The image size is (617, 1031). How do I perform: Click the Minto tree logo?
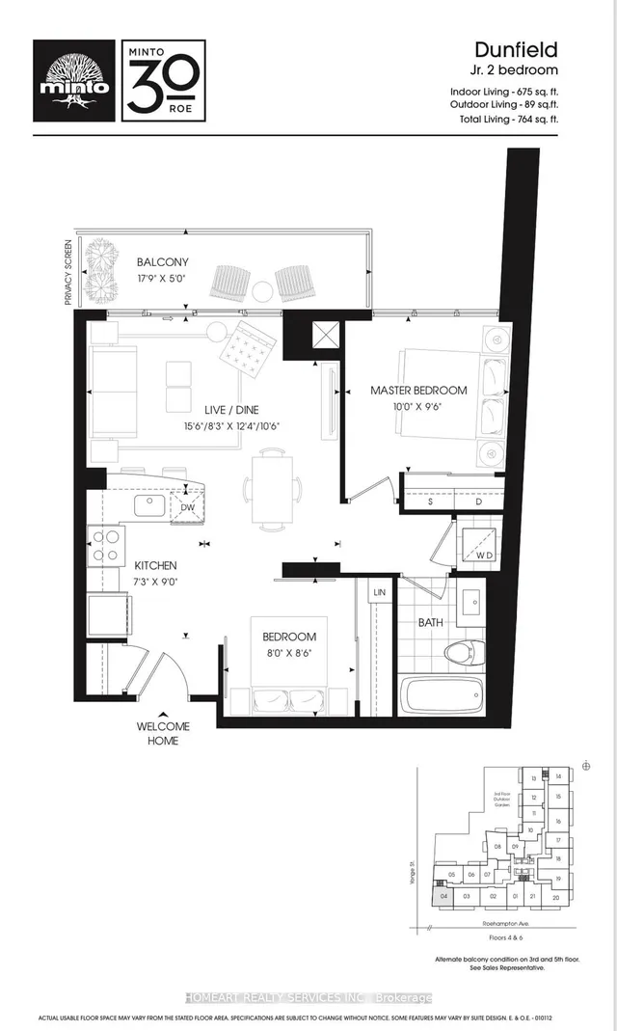pyautogui.click(x=73, y=79)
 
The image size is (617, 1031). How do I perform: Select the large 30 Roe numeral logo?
pyautogui.click(x=162, y=79)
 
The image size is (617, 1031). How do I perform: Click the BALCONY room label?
pyautogui.click(x=162, y=262)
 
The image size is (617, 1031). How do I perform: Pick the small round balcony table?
pyautogui.click(x=262, y=288)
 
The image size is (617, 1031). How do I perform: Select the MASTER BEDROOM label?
pyautogui.click(x=418, y=391)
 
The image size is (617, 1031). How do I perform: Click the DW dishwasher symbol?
pyautogui.click(x=187, y=507)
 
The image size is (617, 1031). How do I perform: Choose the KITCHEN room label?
pyautogui.click(x=155, y=565)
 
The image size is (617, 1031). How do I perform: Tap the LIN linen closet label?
pyautogui.click(x=379, y=591)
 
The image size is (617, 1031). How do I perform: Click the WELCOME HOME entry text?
pyautogui.click(x=163, y=733)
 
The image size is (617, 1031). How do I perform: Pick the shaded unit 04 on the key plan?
pyautogui.click(x=443, y=895)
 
